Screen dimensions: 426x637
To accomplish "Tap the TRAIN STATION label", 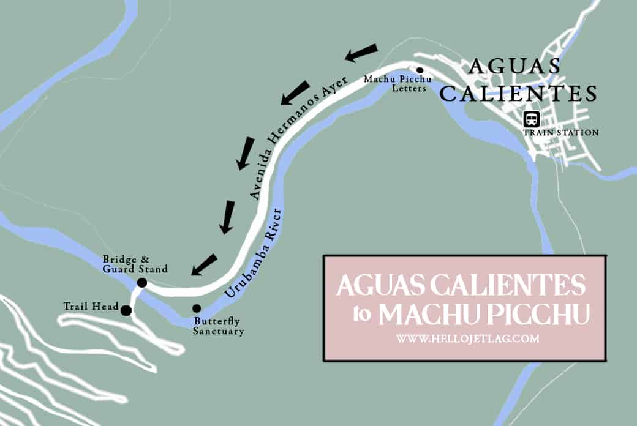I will click(x=560, y=132).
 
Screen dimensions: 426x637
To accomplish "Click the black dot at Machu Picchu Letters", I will click(x=420, y=70).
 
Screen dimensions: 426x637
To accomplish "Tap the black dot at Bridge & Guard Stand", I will click(x=142, y=283).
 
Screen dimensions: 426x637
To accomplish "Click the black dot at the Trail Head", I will click(x=126, y=310).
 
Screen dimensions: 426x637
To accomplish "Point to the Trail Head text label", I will click(x=90, y=305).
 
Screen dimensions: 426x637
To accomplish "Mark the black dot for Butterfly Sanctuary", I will click(x=197, y=308).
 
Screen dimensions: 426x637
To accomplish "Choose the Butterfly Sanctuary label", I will click(x=218, y=326).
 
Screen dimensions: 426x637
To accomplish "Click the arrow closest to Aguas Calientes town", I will click(x=361, y=53).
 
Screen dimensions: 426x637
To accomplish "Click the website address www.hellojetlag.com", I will click(x=467, y=338).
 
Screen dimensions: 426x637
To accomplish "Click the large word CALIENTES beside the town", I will click(x=518, y=94).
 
